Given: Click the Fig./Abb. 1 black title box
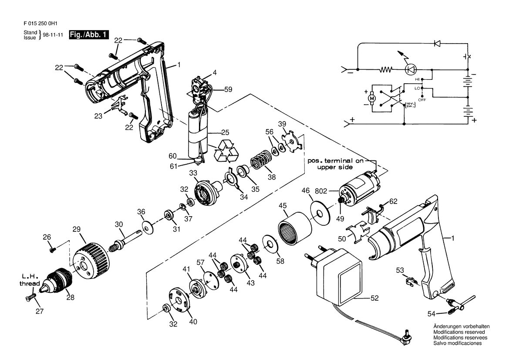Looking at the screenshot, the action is [x=89, y=35].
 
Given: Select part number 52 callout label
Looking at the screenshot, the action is [x=374, y=298].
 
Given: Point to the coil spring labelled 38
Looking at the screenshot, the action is [x=262, y=160].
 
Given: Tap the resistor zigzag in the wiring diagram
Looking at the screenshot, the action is [x=386, y=69].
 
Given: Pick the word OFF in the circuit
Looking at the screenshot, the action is [x=421, y=100].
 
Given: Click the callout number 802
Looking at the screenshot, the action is [x=321, y=191].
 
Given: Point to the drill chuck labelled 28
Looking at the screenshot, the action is [x=57, y=281].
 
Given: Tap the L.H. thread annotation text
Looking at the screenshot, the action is [x=30, y=280].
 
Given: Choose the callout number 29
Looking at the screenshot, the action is [x=76, y=229].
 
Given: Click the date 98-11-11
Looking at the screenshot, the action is [x=53, y=35].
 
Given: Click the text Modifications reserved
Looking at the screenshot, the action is [x=459, y=332].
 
